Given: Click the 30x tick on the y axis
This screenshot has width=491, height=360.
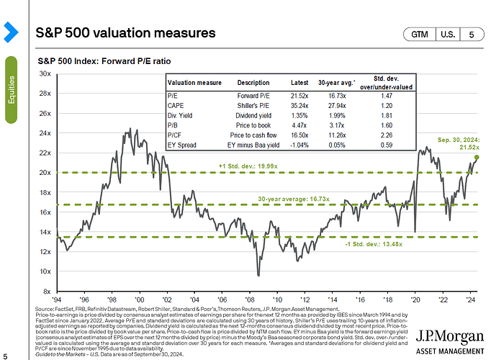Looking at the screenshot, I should point(45,73).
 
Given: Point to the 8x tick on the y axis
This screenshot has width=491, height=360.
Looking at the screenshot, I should point(46,291).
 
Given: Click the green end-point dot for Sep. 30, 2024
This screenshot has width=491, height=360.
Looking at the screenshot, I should point(477,157).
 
